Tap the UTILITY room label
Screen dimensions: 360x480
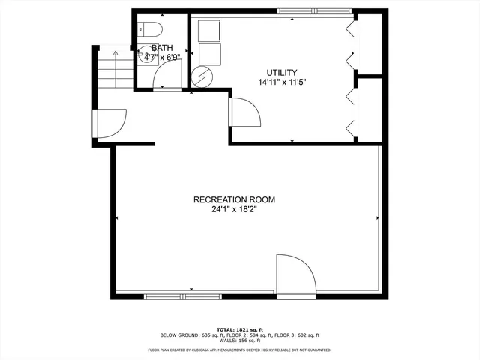(271, 71)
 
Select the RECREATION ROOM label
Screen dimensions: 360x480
(234, 199)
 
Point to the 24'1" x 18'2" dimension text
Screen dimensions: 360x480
(234, 210)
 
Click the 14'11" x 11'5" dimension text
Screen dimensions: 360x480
(271, 81)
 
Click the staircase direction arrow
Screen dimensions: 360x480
(115, 52)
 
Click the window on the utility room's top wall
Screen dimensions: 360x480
(314, 11)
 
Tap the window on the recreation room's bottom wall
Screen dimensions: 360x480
(178, 296)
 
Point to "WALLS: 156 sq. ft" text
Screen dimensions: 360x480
(240, 340)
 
